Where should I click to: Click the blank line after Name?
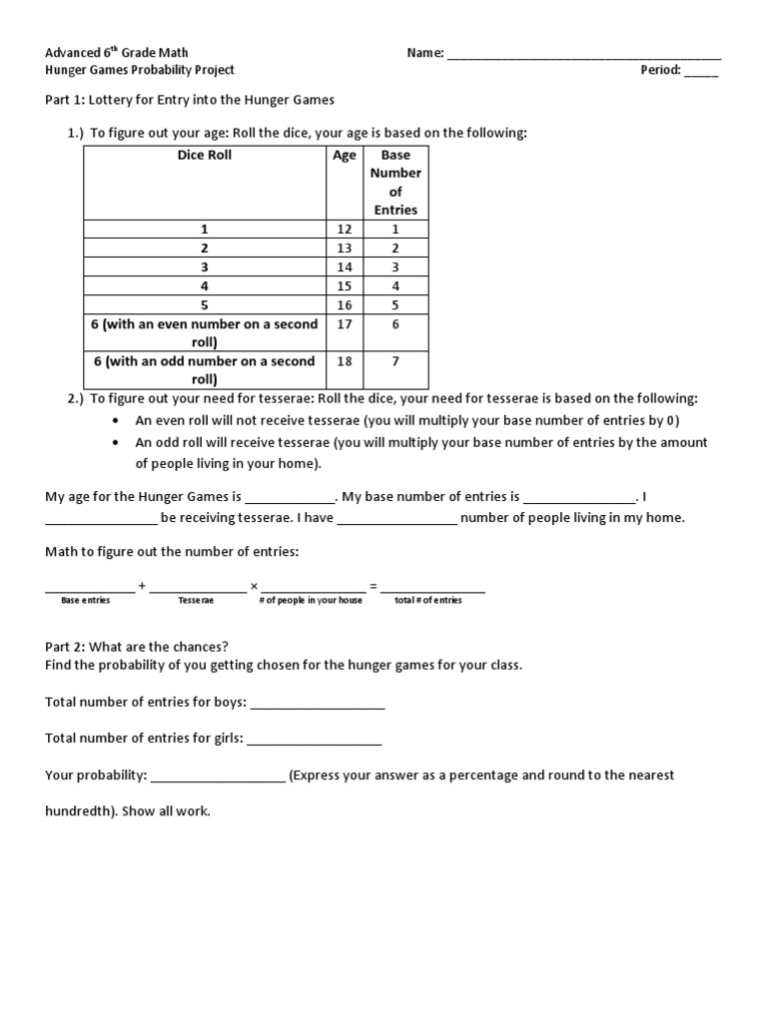[584, 56]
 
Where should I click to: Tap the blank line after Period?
[701, 73]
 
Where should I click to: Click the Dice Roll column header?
[204, 156]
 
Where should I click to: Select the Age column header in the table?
[345, 156]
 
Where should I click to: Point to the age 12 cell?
[345, 230]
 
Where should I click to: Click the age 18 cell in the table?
[345, 361]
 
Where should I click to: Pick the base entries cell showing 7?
[395, 361]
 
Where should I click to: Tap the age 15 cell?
[345, 285]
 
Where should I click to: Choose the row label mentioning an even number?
[204, 332]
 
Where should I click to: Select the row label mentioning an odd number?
[204, 370]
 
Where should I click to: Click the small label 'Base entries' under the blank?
[86, 601]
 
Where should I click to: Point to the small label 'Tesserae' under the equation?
[196, 601]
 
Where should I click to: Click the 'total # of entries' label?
[428, 601]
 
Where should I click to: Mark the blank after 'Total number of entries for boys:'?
[318, 705]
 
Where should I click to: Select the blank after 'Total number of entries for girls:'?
[314, 741]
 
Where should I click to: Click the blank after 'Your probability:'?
[218, 777]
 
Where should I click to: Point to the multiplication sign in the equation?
[254, 587]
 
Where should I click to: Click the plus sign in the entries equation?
[142, 587]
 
